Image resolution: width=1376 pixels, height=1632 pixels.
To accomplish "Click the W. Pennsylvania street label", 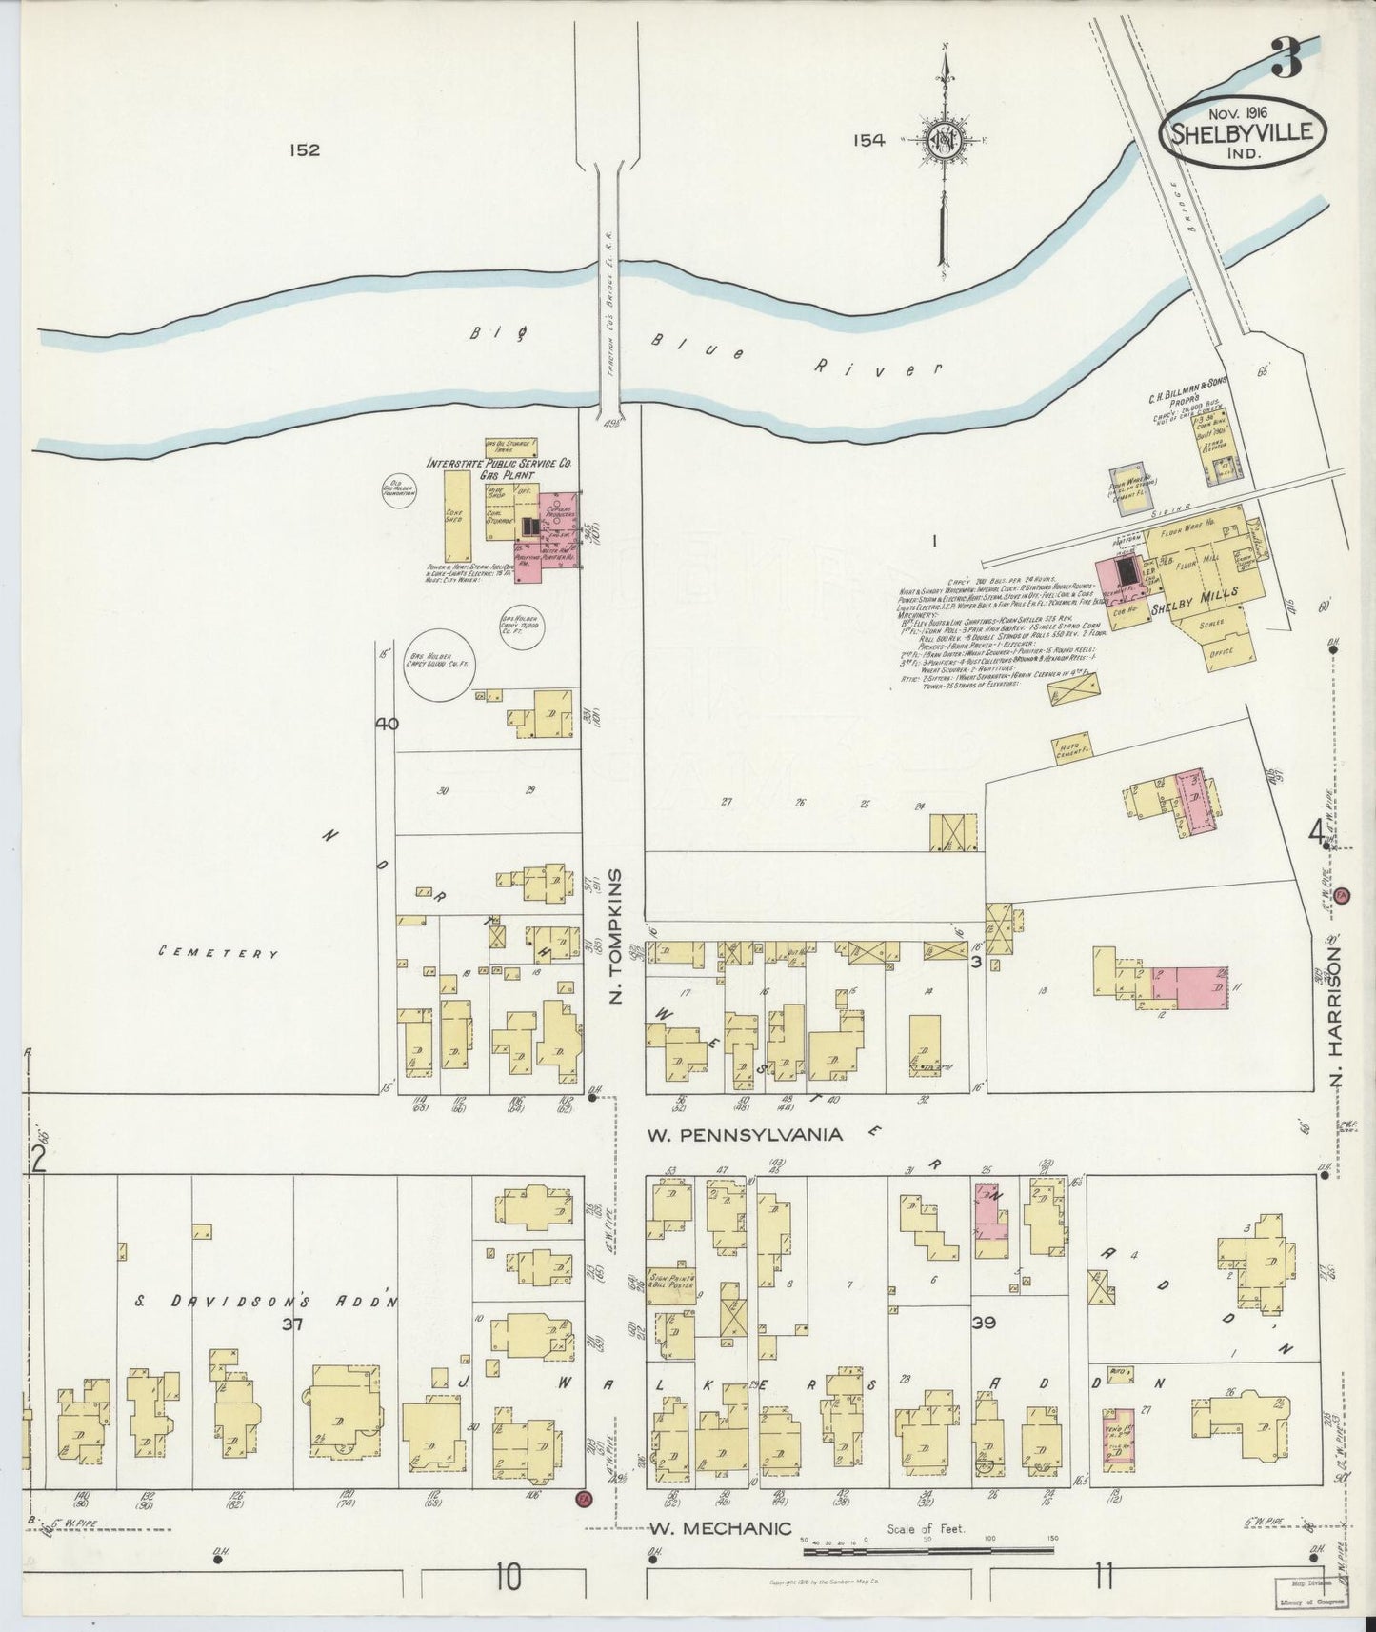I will [x=745, y=1134].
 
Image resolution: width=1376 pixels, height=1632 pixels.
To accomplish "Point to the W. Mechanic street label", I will [x=720, y=1528].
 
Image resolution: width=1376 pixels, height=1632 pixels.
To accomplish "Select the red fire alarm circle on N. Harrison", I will [x=1343, y=896].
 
